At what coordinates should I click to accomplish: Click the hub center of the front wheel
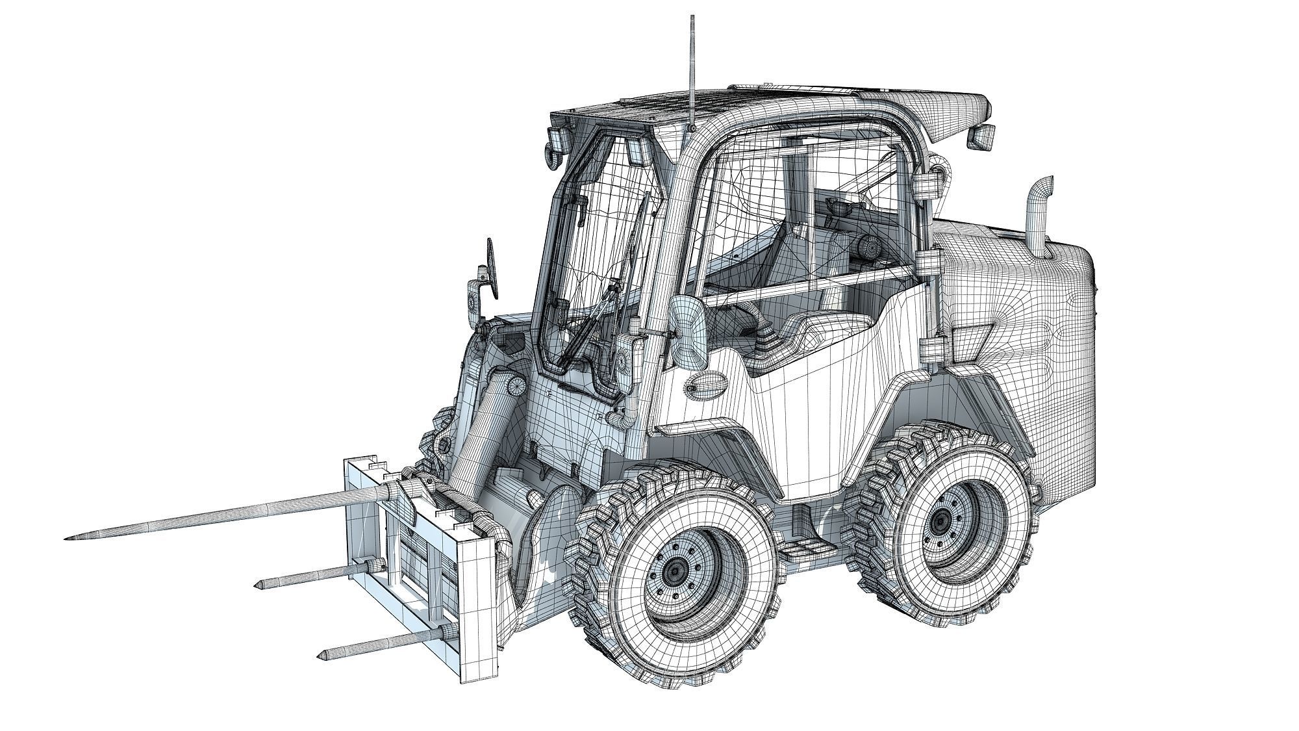click(675, 571)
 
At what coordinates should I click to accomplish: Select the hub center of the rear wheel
click(941, 521)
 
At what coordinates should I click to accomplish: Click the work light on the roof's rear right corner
click(982, 136)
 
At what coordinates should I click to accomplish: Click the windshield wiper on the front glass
click(140, 325)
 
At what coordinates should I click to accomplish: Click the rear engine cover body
click(1026, 325)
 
